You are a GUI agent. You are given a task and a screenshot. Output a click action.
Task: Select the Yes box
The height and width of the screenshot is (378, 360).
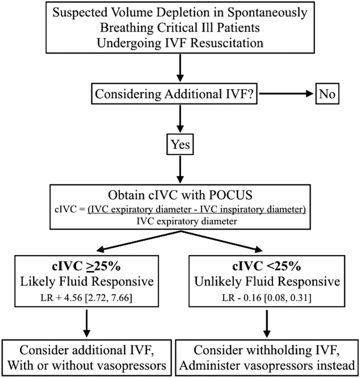coord(180,145)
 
